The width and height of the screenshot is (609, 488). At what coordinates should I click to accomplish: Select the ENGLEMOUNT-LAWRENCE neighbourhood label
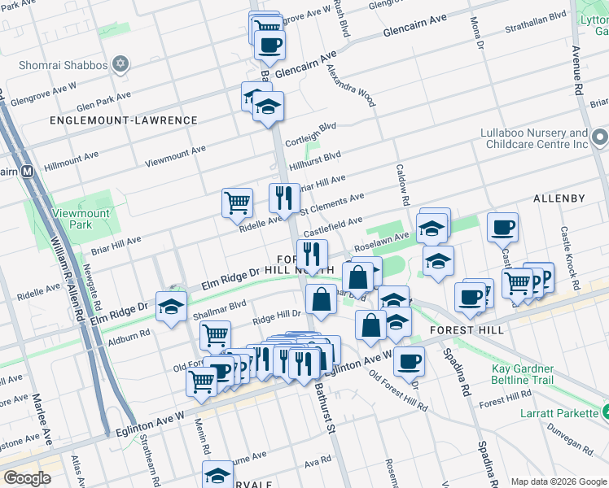(123, 120)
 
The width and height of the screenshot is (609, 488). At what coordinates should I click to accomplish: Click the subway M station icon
(27, 172)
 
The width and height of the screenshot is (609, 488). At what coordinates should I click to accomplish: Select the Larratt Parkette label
(559, 413)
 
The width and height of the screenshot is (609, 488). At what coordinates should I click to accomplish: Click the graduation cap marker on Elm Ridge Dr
(171, 306)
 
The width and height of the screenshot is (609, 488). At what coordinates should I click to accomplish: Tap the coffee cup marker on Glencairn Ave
(269, 44)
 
